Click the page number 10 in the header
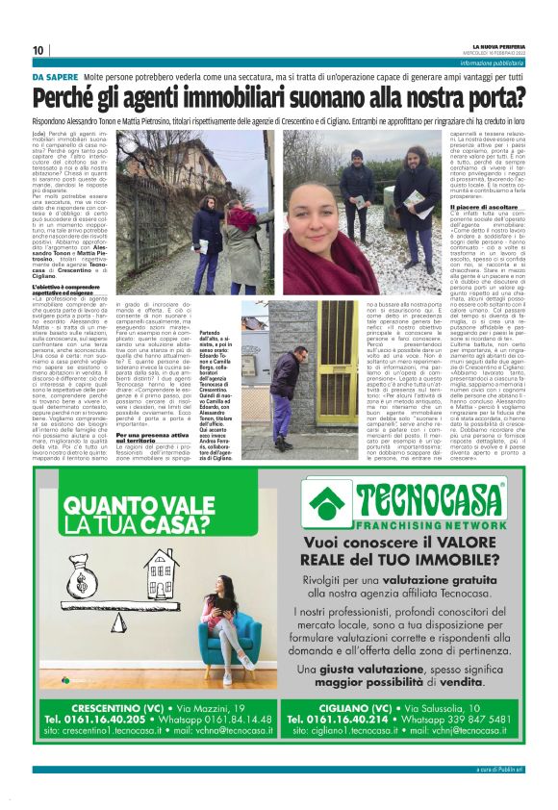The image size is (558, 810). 38,50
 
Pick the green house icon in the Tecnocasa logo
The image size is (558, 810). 335,499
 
